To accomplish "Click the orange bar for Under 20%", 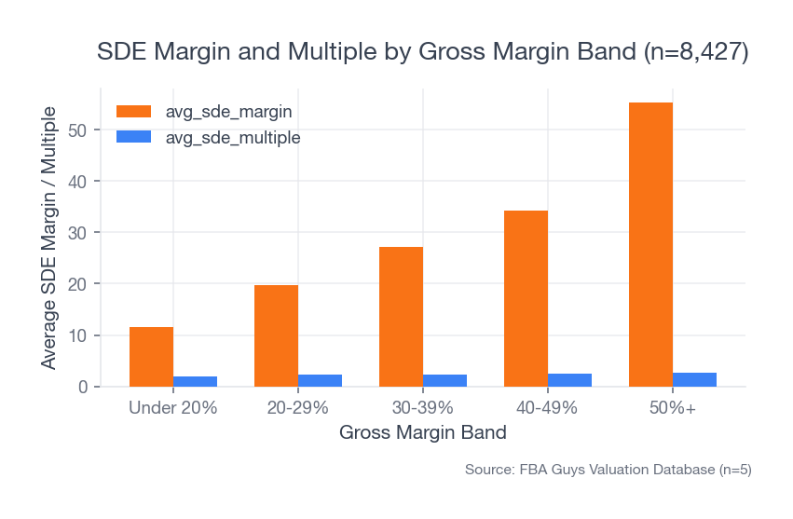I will pos(151,357).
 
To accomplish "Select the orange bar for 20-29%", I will pos(276,335).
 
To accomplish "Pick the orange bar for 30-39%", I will pos(401,317).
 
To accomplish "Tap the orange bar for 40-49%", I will pos(526,298).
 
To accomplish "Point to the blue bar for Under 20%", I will pos(195,381).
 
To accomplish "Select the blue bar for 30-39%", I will pos(444,380).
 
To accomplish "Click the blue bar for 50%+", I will pos(694,379).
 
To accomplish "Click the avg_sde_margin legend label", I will pos(228,111).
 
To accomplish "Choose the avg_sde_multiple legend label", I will pos(232,137).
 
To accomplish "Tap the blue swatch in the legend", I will pos(133,137).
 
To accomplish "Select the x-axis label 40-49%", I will pos(548,408).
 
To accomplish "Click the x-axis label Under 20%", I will pos(173,408).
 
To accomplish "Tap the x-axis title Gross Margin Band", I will pos(422,433).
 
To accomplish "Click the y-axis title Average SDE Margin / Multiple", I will pos(48,238).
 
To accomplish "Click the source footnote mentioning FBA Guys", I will pos(608,470).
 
